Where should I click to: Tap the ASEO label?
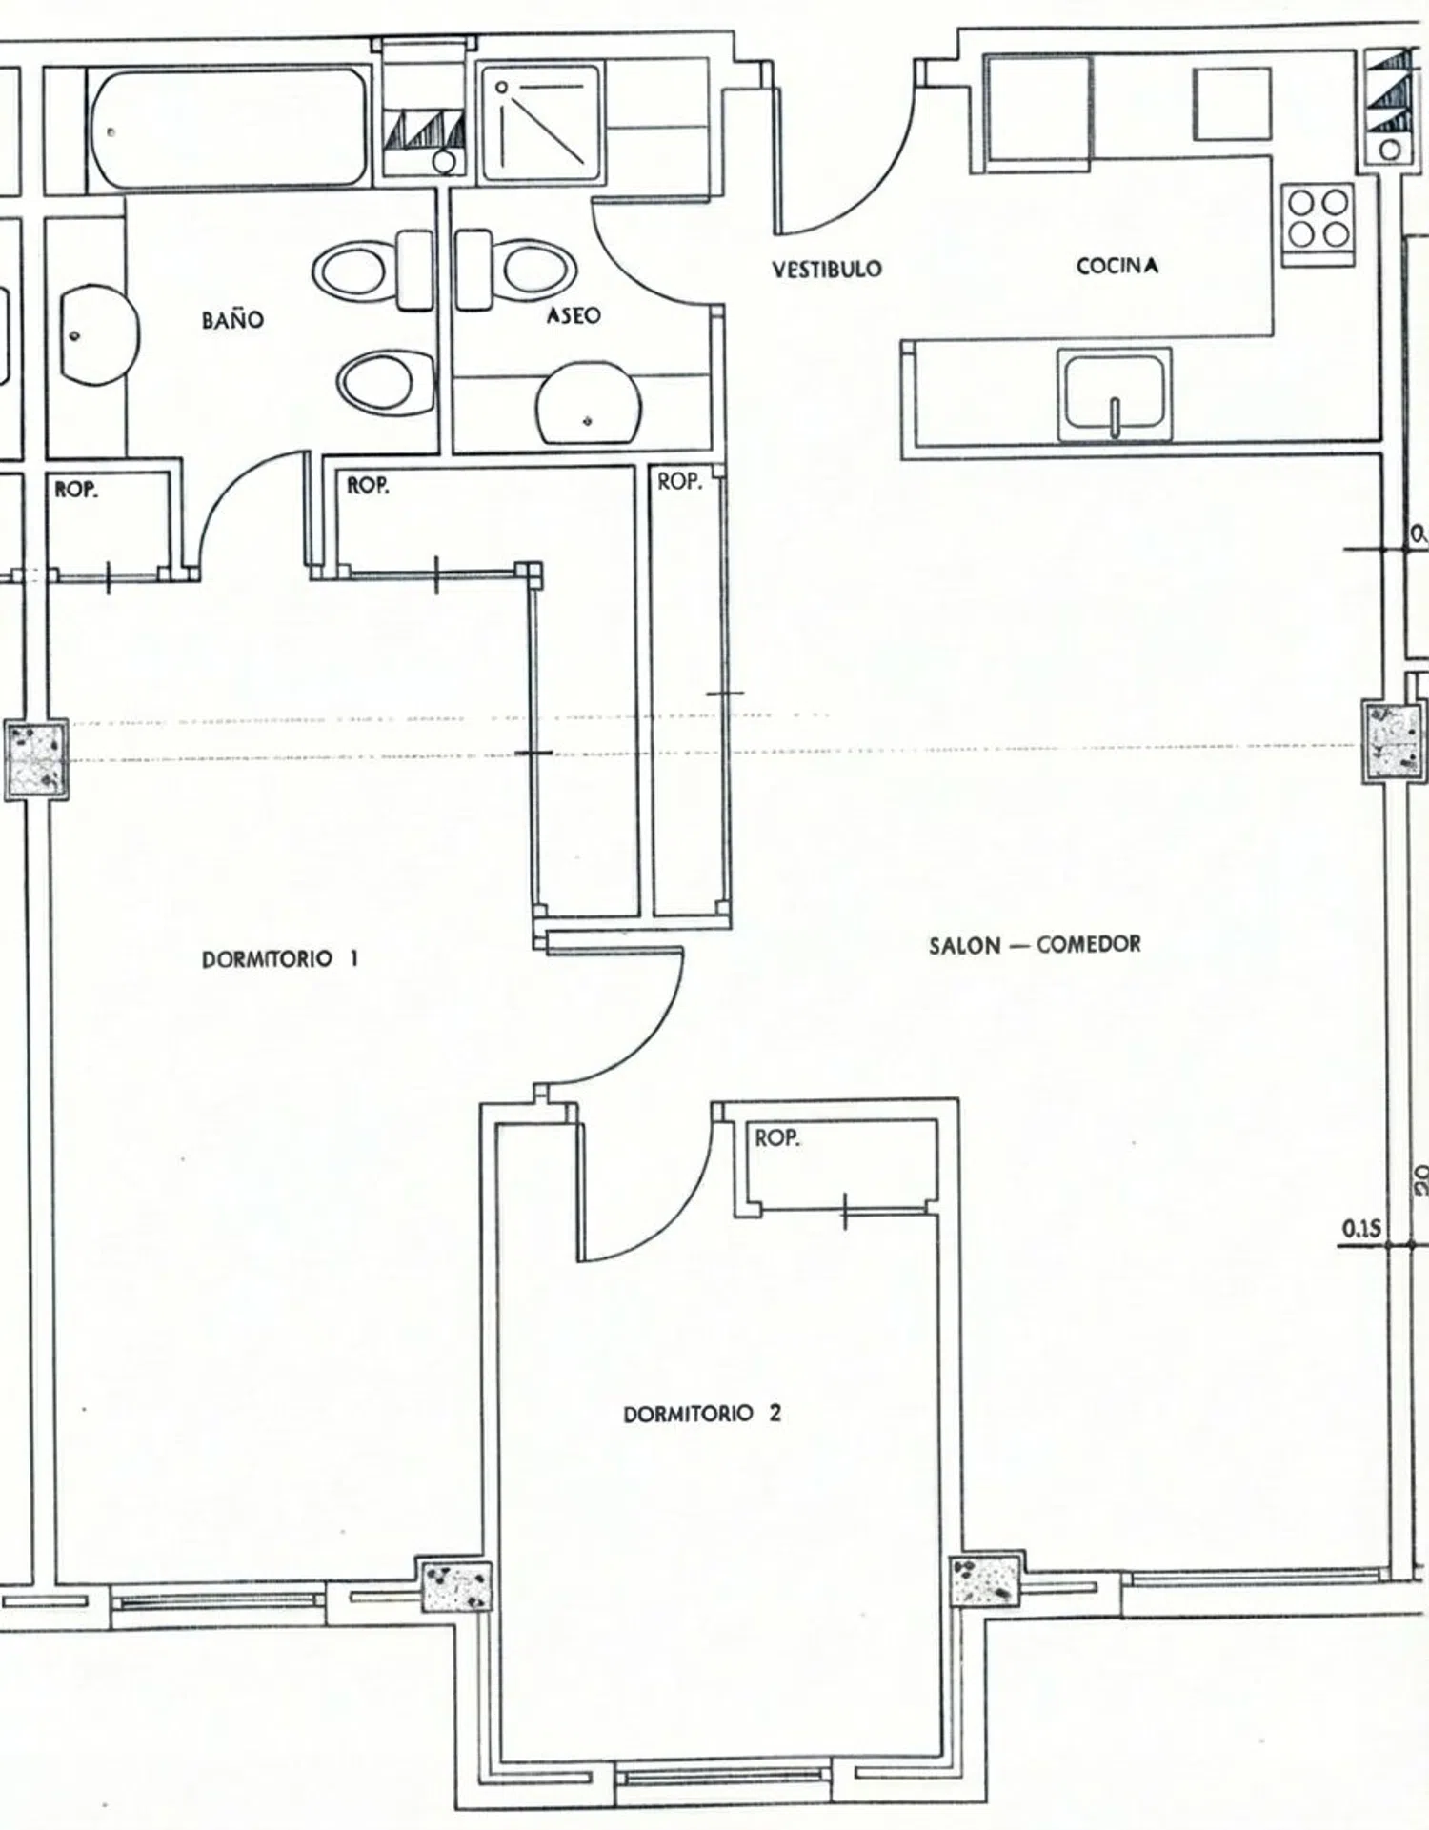(x=574, y=314)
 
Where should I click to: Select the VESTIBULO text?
(x=827, y=269)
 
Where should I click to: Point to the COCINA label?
(x=1117, y=266)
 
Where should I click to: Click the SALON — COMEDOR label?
(x=1035, y=945)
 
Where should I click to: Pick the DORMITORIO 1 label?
(x=280, y=958)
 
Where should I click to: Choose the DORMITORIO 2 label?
(x=702, y=1414)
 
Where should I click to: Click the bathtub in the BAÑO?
(x=228, y=127)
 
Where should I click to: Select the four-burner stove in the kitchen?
(x=1318, y=218)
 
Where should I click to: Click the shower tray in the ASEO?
(x=541, y=123)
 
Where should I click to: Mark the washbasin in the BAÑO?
(x=99, y=335)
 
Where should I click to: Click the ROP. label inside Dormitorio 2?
(x=777, y=1137)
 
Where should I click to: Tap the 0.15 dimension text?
(x=1360, y=1229)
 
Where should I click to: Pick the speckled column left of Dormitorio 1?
(x=36, y=759)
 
